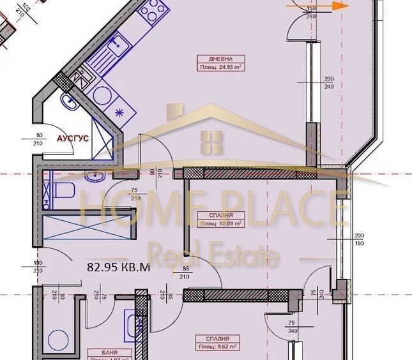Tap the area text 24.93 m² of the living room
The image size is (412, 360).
tap(214, 66)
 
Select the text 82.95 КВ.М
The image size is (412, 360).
tap(118, 267)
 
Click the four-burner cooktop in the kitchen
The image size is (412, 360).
tap(154, 9)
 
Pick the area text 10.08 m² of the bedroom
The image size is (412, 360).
tap(220, 224)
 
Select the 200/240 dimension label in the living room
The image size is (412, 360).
tap(329, 82)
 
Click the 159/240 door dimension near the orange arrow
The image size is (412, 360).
tap(312, 13)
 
